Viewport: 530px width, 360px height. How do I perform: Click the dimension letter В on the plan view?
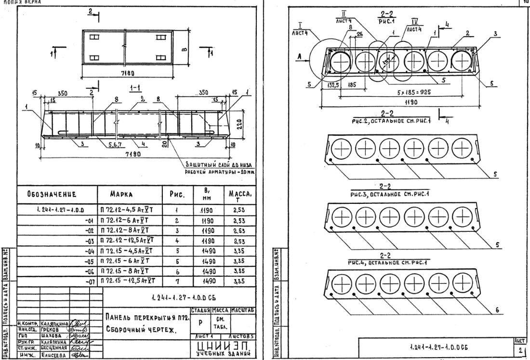191,48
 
